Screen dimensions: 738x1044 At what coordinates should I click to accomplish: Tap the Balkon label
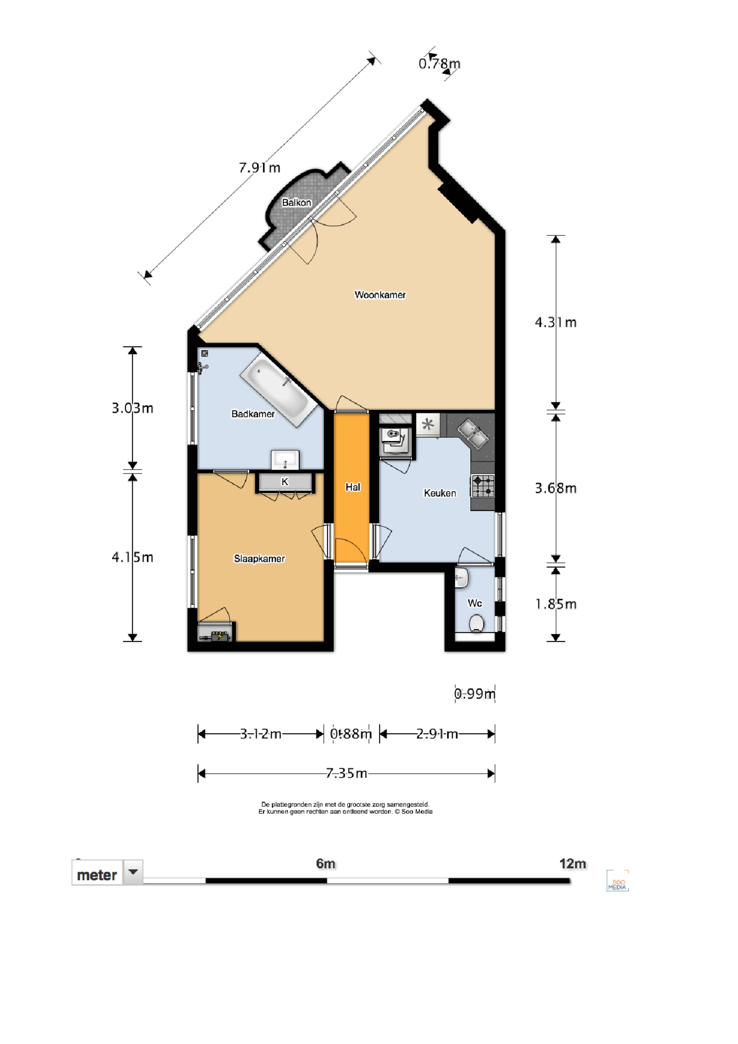pyautogui.click(x=297, y=202)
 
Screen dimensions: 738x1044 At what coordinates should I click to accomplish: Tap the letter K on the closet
pyautogui.click(x=285, y=482)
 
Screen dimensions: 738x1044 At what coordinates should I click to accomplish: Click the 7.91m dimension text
pyautogui.click(x=260, y=168)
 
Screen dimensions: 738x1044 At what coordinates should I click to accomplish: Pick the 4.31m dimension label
pyautogui.click(x=556, y=322)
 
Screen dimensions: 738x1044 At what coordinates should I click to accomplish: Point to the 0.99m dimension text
pyautogui.click(x=475, y=694)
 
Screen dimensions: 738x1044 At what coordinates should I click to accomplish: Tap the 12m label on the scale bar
pyautogui.click(x=573, y=864)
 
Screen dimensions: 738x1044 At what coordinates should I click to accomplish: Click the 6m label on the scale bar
pyautogui.click(x=326, y=864)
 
